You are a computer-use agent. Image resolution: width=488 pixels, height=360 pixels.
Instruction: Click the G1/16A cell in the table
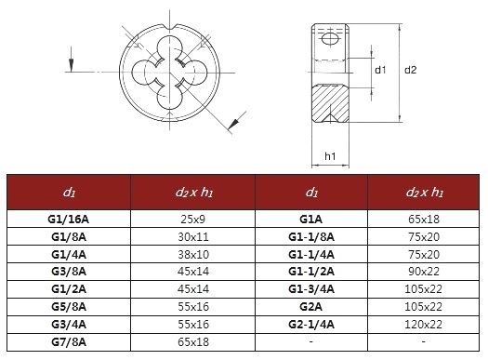point(69,220)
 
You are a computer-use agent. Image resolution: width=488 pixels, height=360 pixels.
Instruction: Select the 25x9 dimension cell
point(193,220)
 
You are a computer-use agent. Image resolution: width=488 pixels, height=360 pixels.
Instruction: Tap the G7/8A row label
point(69,342)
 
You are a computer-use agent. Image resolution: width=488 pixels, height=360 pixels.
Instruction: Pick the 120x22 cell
point(423,325)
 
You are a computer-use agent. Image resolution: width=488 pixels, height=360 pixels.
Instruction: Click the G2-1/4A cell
point(311,325)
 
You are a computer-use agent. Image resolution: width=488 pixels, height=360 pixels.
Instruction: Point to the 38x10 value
point(193,255)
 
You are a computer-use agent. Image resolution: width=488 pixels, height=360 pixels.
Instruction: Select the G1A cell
point(310,220)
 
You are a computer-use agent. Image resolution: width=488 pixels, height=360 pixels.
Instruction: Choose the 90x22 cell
point(424,272)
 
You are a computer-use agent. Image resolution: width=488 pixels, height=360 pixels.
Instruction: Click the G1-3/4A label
point(311,289)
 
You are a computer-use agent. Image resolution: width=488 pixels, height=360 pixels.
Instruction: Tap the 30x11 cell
point(193,237)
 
